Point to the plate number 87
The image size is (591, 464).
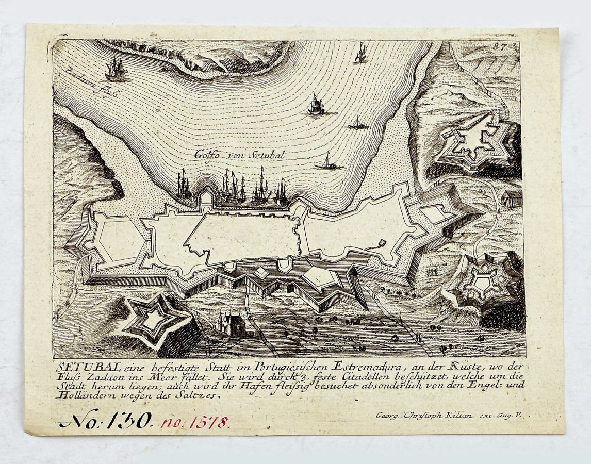click(499, 46)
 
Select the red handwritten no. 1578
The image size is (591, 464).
click(195, 423)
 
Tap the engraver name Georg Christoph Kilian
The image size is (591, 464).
click(424, 415)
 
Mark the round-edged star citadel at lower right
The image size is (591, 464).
click(485, 282)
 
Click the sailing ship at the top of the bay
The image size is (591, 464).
click(360, 53)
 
